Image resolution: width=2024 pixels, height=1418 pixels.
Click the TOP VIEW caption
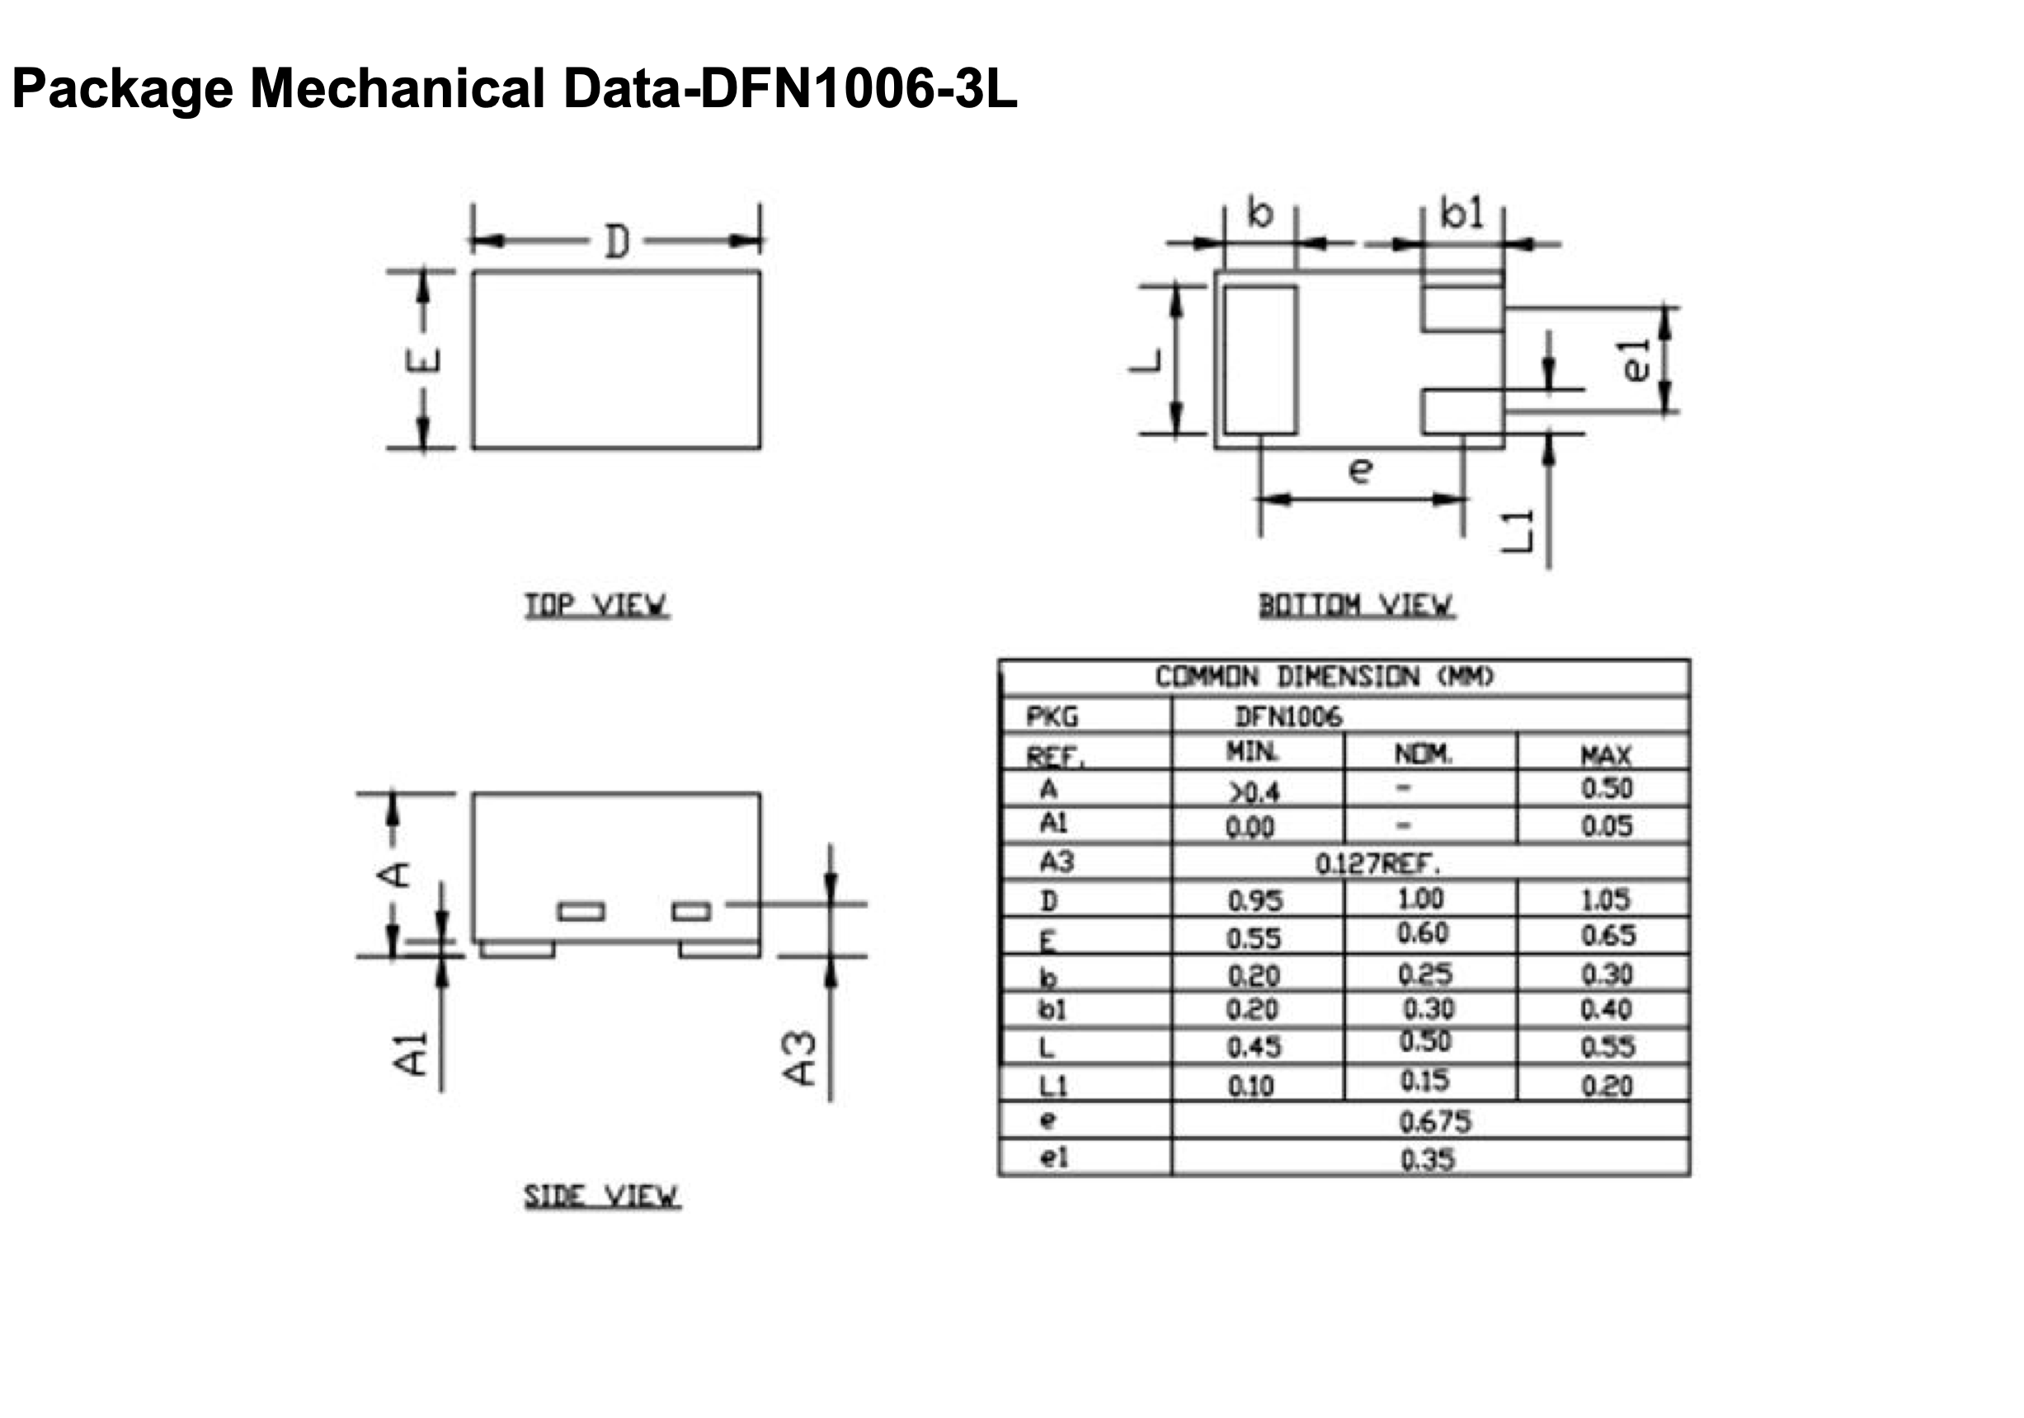tap(597, 605)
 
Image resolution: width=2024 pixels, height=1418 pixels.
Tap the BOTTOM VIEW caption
tap(1357, 605)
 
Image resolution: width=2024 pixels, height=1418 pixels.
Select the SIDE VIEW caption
tap(602, 1196)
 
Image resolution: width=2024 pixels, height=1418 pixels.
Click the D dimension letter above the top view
tap(617, 242)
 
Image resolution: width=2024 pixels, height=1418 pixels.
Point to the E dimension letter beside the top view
tap(423, 360)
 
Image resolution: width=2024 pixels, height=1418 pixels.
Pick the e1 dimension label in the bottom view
tap(1636, 360)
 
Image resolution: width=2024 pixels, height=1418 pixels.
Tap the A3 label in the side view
tap(799, 1059)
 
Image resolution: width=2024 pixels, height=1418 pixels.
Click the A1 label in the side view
tap(409, 1054)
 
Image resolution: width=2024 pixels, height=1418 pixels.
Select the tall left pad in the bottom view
tap(1260, 359)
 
